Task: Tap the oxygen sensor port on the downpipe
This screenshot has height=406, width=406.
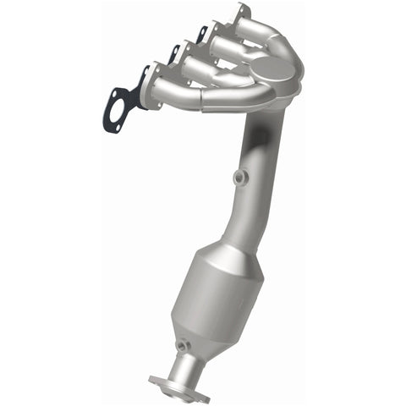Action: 239,177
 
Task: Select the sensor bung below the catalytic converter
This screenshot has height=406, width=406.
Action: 182,345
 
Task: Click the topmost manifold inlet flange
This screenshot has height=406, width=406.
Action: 241,16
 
